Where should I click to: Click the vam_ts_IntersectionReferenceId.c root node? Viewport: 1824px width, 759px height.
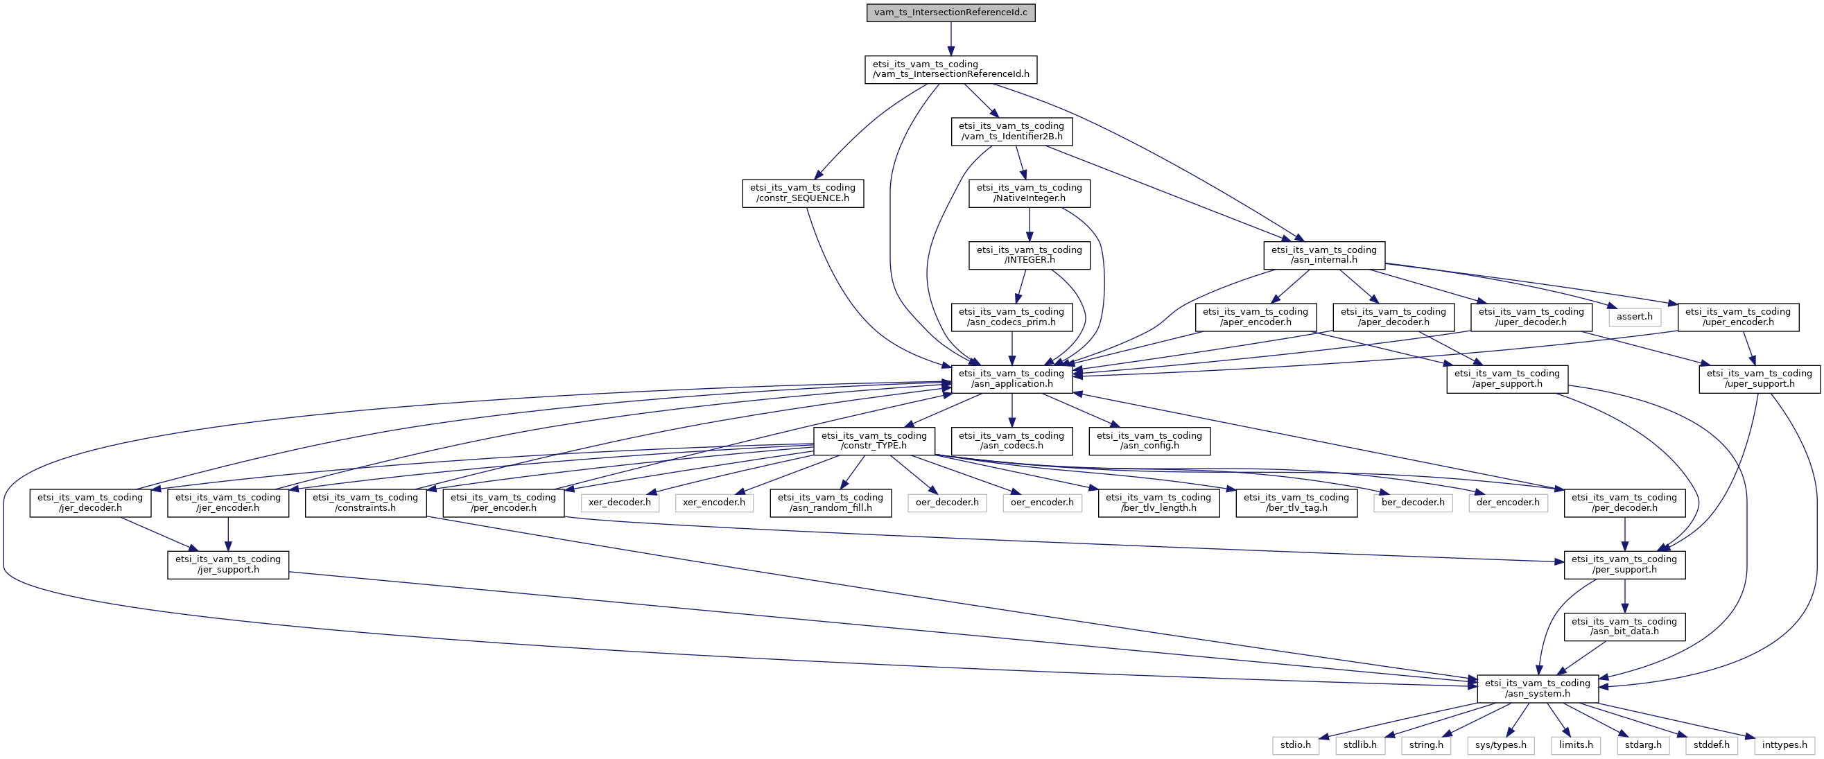(951, 12)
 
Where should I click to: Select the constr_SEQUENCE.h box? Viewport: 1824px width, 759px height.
(803, 193)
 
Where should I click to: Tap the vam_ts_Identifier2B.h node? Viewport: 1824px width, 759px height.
(1011, 131)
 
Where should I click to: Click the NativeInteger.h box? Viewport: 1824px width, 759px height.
(1030, 193)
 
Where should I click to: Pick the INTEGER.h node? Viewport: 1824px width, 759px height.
(1030, 255)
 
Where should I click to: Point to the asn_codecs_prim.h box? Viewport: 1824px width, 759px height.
(1011, 317)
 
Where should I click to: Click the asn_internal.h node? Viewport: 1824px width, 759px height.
(1324, 255)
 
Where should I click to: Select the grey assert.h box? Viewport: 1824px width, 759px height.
(1634, 317)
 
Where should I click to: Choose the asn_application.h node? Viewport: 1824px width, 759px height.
(1011, 378)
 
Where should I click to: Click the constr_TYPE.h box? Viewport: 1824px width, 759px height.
(874, 440)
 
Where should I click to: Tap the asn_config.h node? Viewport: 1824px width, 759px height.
(1149, 440)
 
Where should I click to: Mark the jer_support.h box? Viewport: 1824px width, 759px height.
(228, 564)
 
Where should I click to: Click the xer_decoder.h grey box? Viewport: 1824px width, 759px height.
(620, 502)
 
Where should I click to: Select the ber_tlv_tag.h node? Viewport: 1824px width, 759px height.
(1296, 503)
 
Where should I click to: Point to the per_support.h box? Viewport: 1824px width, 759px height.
(1624, 564)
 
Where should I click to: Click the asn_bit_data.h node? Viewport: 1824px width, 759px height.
(1624, 627)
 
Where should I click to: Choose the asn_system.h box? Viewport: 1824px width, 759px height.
(1537, 688)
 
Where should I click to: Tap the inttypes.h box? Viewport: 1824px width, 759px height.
(1784, 745)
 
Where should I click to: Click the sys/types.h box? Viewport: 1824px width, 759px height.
(1501, 745)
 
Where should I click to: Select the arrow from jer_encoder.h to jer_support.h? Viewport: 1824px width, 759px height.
(228, 534)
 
